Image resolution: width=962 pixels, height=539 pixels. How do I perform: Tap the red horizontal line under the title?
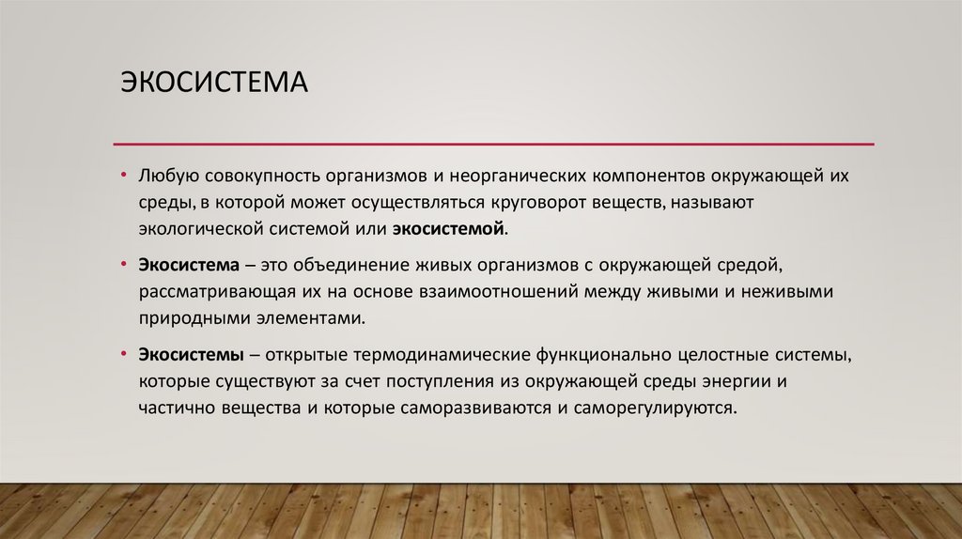pyautogui.click(x=493, y=144)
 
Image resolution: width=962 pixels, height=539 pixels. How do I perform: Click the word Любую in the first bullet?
pyautogui.click(x=166, y=177)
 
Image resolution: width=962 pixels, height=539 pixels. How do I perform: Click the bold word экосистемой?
pyautogui.click(x=449, y=228)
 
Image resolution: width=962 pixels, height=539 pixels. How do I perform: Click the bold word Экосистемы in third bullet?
pyautogui.click(x=192, y=357)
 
